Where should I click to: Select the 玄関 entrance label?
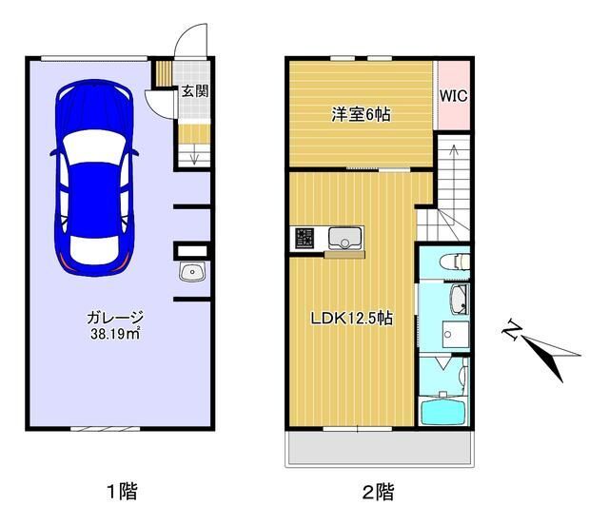(195, 92)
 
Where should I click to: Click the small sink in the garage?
(194, 274)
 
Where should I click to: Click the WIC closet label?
(453, 96)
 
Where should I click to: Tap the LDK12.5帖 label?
(350, 319)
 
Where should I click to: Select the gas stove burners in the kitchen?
(305, 238)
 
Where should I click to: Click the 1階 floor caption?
(121, 492)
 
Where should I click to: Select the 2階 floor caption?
(377, 492)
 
